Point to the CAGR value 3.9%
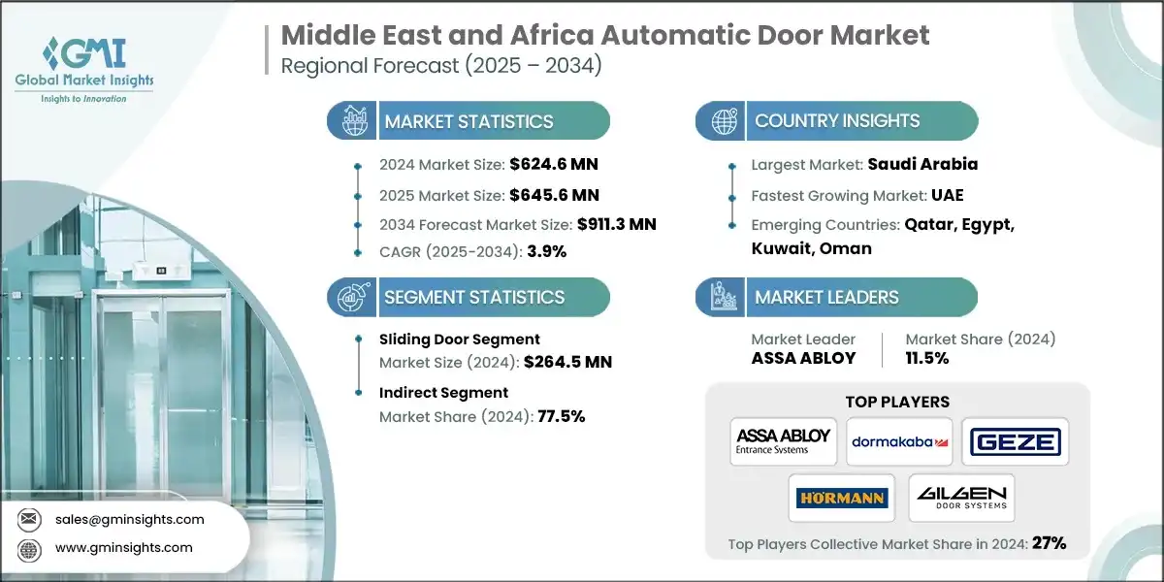[x=546, y=251]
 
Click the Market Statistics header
[x=469, y=121]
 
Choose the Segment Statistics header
[x=473, y=297]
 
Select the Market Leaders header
[x=827, y=297]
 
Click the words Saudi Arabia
[x=922, y=165]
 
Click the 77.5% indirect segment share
[x=561, y=416]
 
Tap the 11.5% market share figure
[x=927, y=358]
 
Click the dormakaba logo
[x=899, y=442]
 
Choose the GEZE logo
[x=1015, y=442]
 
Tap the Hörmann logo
[x=841, y=498]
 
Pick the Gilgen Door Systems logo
[x=962, y=498]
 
